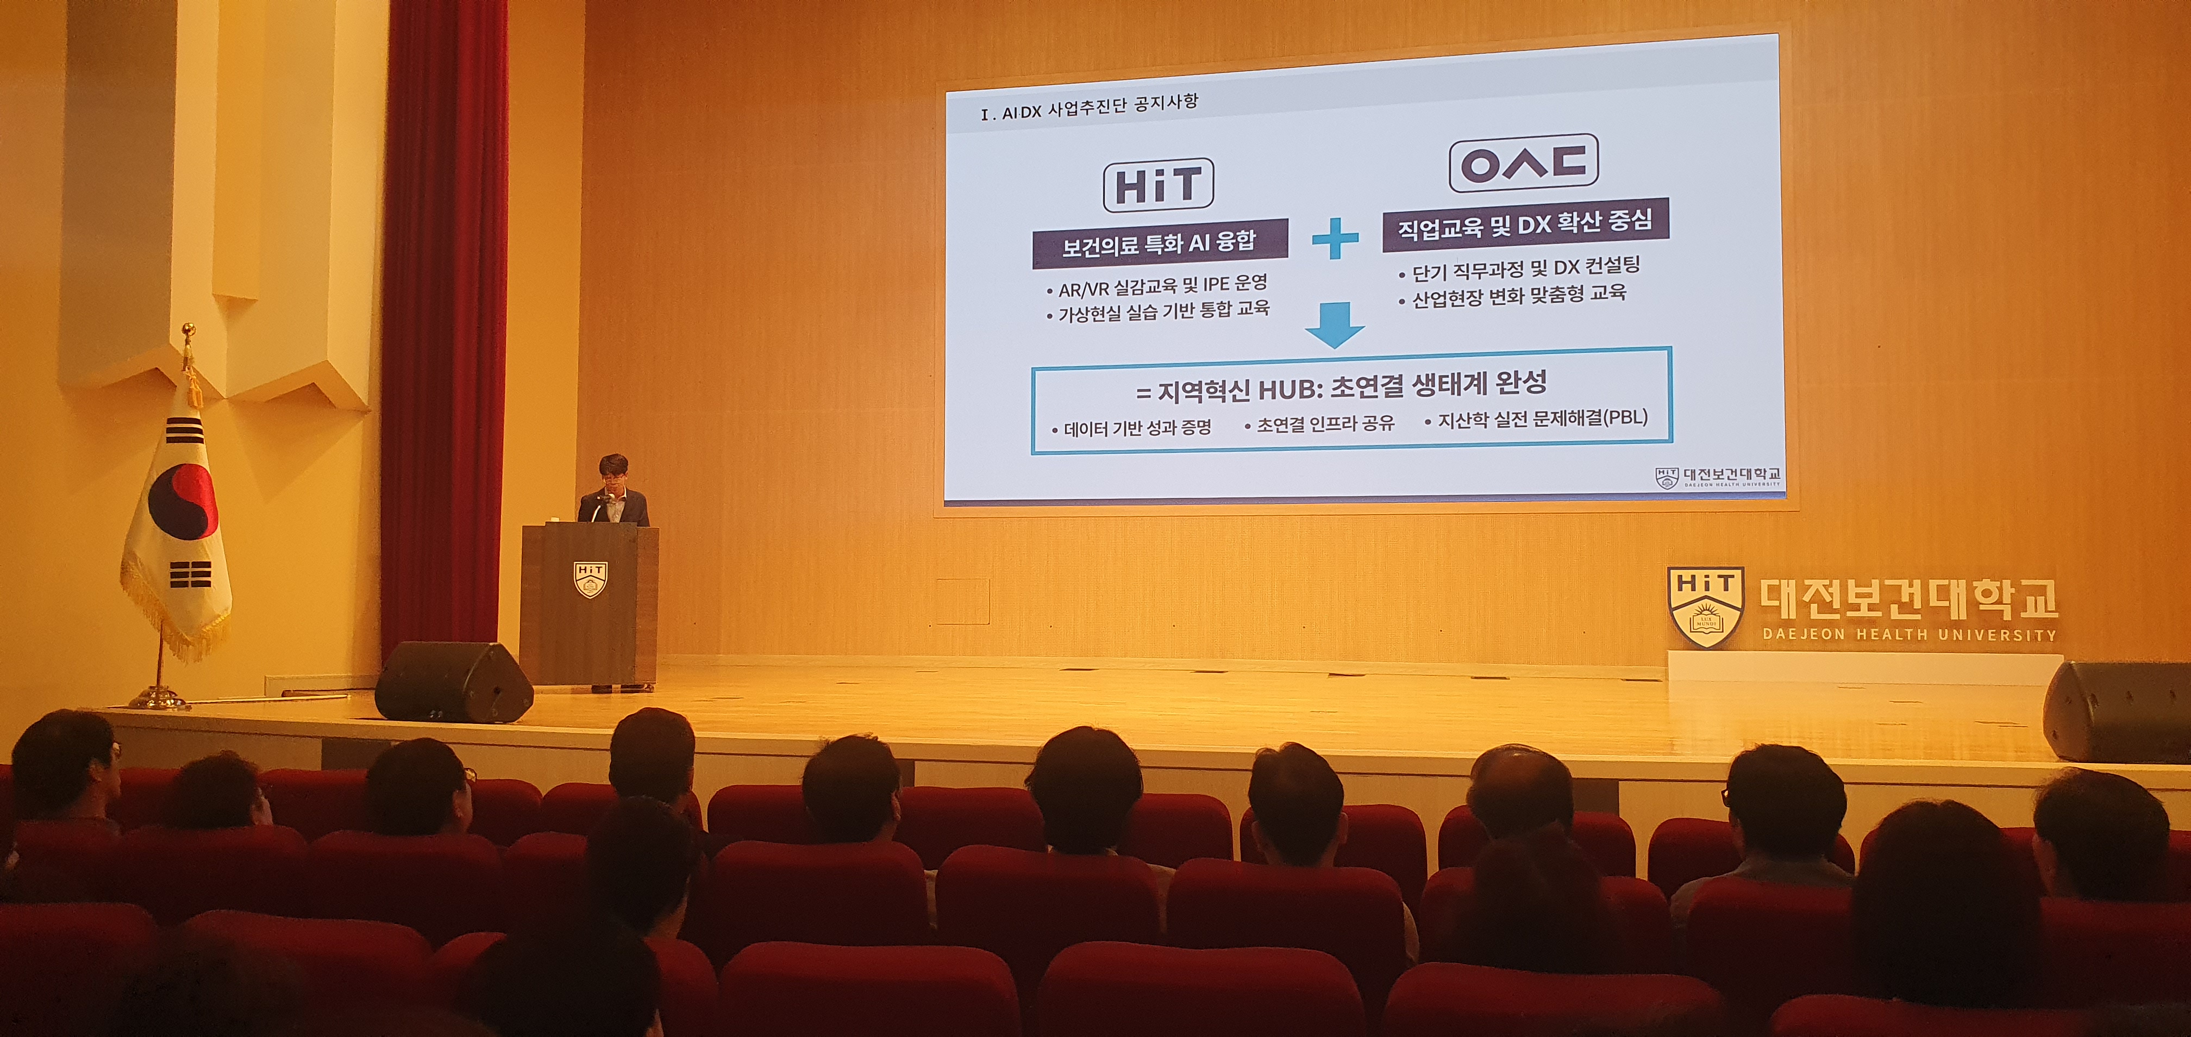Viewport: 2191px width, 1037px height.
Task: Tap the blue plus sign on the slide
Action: (1335, 238)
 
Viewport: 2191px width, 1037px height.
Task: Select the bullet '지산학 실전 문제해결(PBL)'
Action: (1536, 420)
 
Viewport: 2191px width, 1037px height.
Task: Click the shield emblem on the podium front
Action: (589, 578)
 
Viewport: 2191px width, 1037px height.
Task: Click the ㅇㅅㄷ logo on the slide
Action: (1523, 164)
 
